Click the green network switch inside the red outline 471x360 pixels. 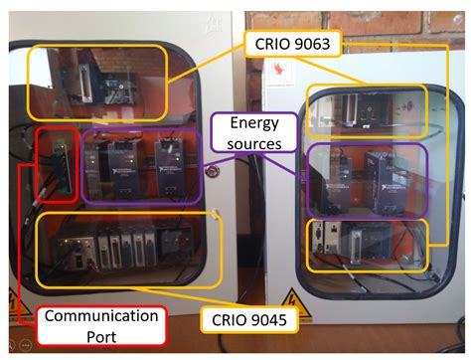tap(55, 164)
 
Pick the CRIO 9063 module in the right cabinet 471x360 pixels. tap(364, 110)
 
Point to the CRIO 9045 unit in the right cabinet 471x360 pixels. tap(348, 240)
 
